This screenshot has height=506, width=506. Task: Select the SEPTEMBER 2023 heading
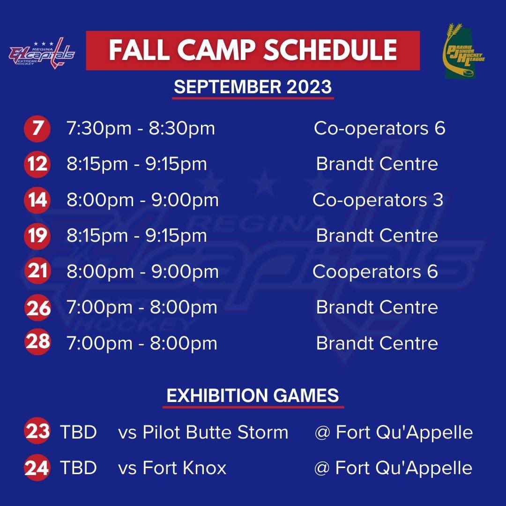coord(253,87)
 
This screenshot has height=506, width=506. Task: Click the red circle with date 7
coord(37,128)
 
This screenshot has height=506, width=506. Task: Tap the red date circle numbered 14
coord(37,200)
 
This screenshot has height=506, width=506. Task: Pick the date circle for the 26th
coord(37,308)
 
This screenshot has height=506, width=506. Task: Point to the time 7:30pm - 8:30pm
coord(141,128)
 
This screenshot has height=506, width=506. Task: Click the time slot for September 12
coord(136,164)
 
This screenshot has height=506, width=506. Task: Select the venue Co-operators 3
coord(378,200)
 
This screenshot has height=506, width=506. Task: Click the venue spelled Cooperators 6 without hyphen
coord(375,272)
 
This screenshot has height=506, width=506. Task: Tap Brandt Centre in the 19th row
coord(377,236)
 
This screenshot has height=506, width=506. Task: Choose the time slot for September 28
coord(141,343)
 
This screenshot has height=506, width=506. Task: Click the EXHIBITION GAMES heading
coord(253,396)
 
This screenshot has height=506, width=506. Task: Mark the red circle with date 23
coord(37,431)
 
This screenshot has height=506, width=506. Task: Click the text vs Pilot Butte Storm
coord(203,432)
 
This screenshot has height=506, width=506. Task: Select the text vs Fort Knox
coord(172,468)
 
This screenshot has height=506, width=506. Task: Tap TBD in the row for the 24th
coord(78,468)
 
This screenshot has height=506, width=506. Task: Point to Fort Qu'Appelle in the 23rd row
coord(394,432)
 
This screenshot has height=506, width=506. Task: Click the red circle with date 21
coord(37,272)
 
